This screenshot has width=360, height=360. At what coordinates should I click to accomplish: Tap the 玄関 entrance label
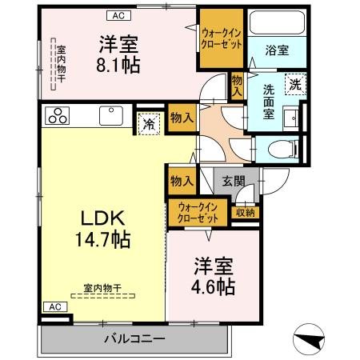pyautogui.click(x=234, y=181)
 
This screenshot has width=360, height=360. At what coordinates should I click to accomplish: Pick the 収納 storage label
pyautogui.click(x=245, y=212)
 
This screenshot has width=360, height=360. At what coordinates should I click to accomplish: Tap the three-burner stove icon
pyautogui.click(x=59, y=115)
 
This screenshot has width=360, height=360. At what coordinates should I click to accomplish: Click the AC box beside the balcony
pyautogui.click(x=53, y=306)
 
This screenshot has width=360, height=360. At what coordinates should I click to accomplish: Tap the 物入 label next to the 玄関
pyautogui.click(x=181, y=182)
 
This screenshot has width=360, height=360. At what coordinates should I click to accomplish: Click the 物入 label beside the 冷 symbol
pyautogui.click(x=182, y=118)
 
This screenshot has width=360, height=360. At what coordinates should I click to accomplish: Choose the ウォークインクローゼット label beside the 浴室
pyautogui.click(x=222, y=38)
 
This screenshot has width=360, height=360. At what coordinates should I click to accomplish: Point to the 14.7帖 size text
pyautogui.click(x=102, y=238)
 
